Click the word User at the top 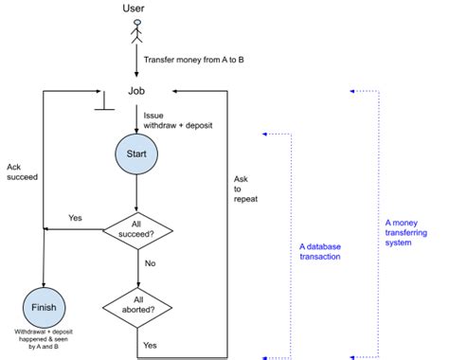[135, 9]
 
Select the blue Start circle [136, 153]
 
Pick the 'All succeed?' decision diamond [137, 228]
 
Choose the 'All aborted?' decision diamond [138, 304]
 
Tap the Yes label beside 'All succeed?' [76, 218]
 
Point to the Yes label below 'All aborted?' [150, 345]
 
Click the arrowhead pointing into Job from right [177, 92]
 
